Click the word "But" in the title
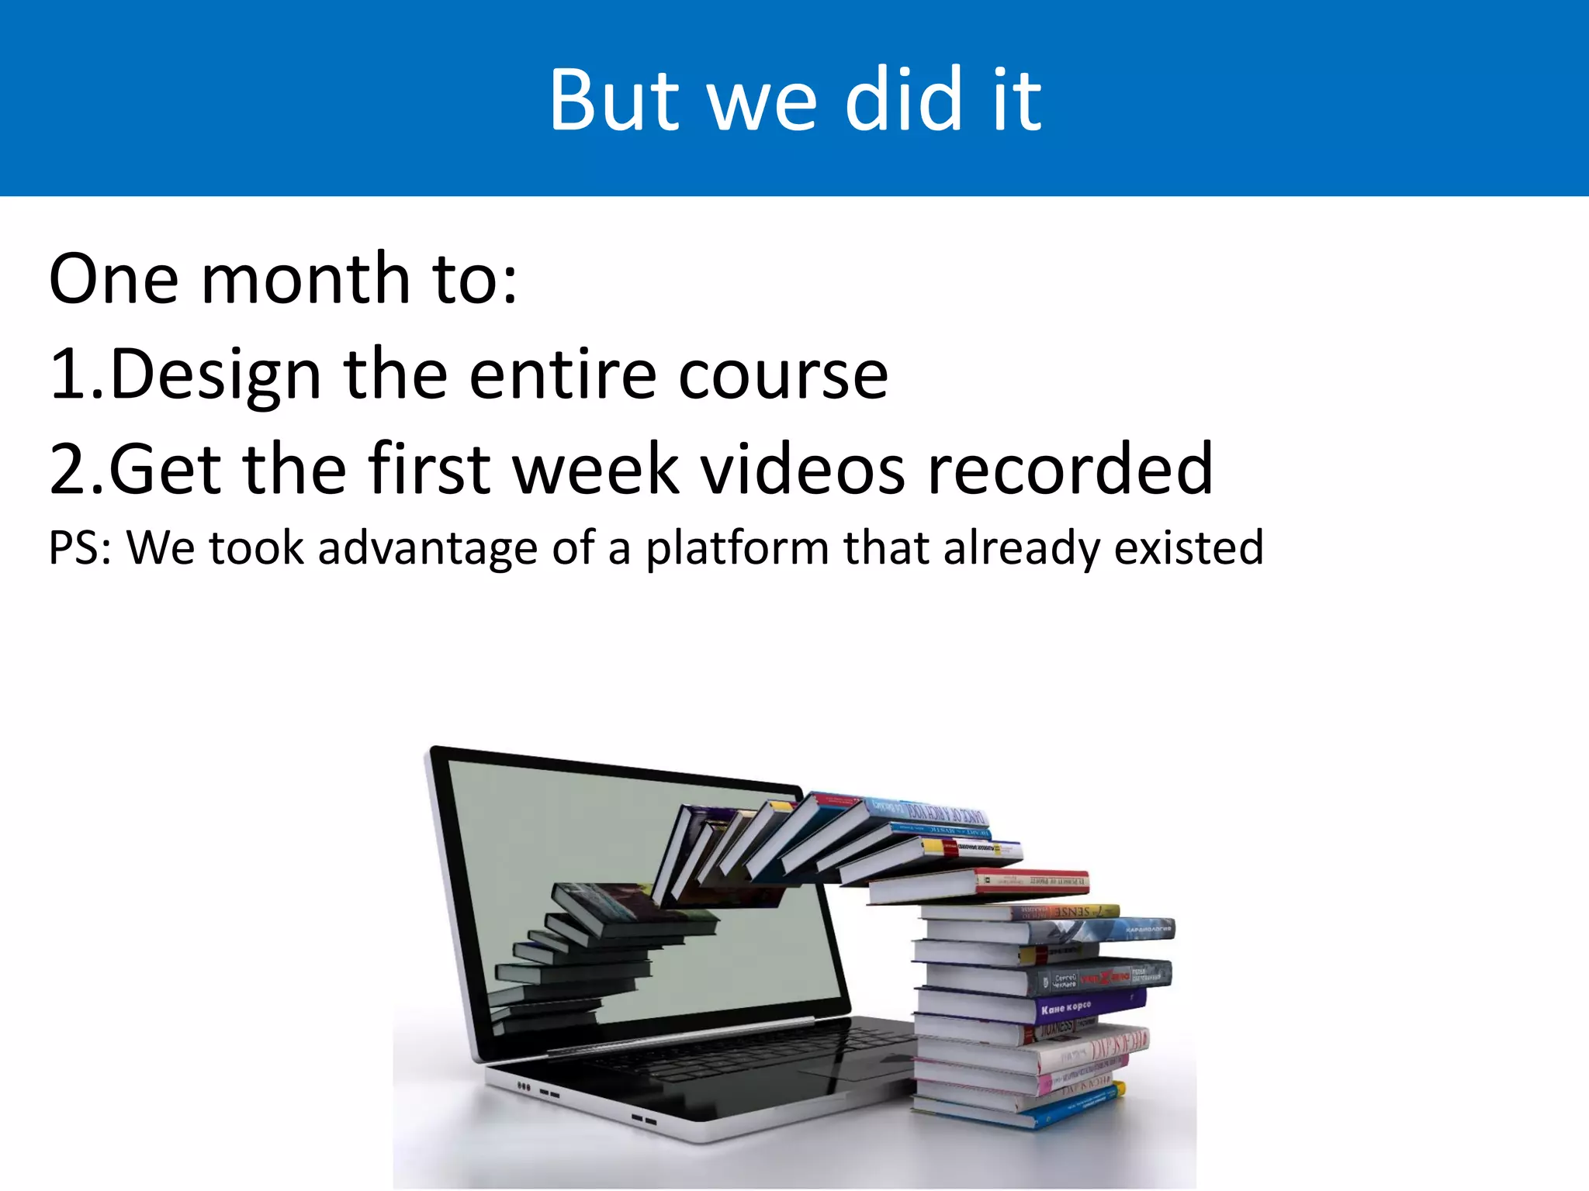613,101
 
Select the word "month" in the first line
305,279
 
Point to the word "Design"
216,375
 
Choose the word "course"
784,375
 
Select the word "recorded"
1071,470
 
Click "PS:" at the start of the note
80,549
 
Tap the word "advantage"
428,549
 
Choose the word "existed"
1189,549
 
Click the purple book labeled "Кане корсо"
1086,1007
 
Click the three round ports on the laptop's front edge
524,1087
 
